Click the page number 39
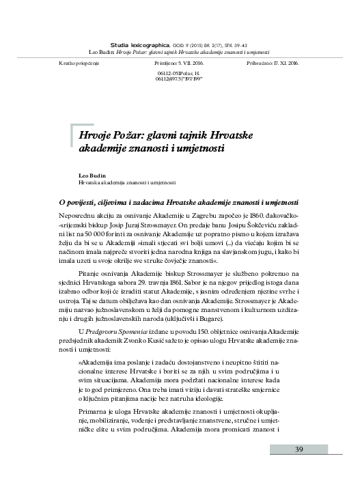point(299,468)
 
